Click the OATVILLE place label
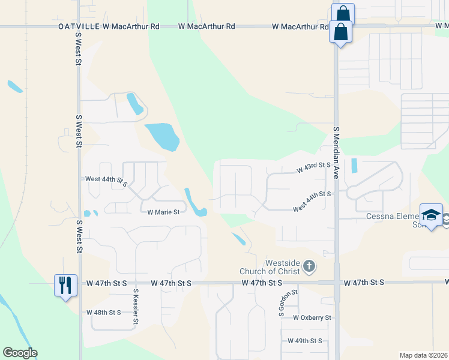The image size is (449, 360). (x=79, y=27)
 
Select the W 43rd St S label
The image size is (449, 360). (x=314, y=167)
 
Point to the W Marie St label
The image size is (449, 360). (x=163, y=212)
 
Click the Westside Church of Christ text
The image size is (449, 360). (x=282, y=267)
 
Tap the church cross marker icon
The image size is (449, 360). (x=309, y=266)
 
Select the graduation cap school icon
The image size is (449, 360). (x=431, y=215)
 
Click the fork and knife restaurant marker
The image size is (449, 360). (x=66, y=284)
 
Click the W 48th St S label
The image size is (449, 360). (x=104, y=313)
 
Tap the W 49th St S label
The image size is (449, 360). (x=304, y=341)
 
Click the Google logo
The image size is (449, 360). (x=20, y=353)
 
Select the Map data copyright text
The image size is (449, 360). (x=423, y=355)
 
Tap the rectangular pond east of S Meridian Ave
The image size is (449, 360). (x=353, y=166)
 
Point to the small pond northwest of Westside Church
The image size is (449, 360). (x=238, y=239)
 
